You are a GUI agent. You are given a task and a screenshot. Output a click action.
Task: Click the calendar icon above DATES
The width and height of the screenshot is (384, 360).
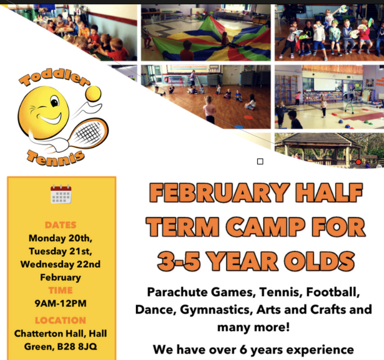61,194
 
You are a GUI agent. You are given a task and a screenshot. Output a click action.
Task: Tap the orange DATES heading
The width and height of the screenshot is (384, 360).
60,225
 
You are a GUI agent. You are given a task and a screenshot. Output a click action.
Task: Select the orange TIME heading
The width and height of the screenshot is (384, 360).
60,290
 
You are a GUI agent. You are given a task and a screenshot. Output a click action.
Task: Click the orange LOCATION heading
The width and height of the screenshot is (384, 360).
60,320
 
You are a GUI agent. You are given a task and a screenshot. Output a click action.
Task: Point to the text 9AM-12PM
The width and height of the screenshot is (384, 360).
60,303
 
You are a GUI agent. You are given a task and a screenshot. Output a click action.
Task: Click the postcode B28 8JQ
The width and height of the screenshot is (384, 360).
77,346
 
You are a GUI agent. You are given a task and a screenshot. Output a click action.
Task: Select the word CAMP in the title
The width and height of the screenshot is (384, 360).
265,227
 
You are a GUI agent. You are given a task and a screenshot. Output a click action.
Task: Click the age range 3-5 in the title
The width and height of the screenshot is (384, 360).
178,261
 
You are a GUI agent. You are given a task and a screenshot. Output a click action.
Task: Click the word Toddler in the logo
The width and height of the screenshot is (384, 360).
54,77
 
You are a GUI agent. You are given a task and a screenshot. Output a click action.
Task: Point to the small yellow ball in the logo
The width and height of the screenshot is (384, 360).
93,93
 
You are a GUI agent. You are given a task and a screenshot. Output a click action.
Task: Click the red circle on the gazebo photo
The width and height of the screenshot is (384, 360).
358,162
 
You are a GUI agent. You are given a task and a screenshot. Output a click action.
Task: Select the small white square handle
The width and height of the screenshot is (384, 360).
260,161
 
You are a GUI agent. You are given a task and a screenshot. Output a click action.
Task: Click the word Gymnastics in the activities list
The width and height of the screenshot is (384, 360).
216,310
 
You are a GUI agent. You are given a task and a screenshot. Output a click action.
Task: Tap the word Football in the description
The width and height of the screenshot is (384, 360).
333,292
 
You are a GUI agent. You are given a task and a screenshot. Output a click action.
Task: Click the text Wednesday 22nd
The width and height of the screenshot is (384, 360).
60,264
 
